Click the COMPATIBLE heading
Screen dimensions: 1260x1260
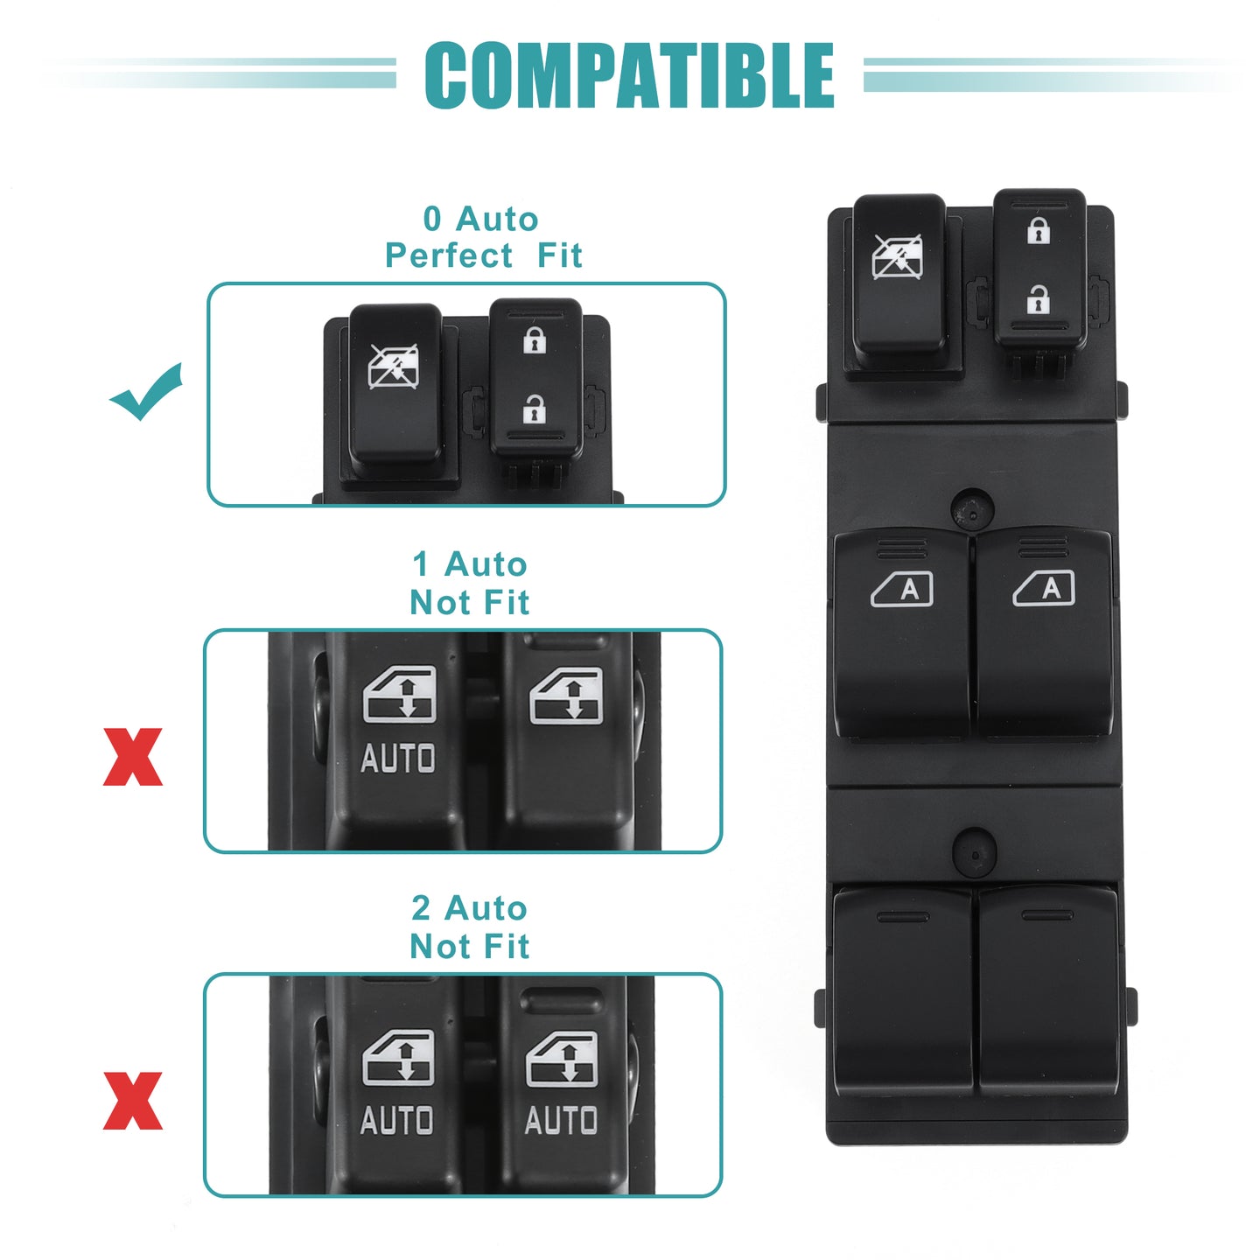(x=629, y=75)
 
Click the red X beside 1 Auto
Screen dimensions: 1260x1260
(x=133, y=757)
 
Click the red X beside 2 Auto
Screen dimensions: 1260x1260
(x=133, y=1101)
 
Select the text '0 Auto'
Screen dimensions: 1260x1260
(x=480, y=219)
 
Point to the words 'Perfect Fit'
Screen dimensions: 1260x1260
(x=483, y=255)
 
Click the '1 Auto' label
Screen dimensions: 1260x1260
(x=470, y=563)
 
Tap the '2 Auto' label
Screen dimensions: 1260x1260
(x=470, y=907)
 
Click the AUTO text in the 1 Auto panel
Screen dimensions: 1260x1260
(x=397, y=759)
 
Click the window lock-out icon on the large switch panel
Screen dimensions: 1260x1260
(x=897, y=257)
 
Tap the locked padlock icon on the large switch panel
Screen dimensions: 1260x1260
(x=1039, y=230)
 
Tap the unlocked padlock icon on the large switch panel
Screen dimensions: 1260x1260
(x=1038, y=299)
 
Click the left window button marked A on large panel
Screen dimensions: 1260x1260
(x=902, y=633)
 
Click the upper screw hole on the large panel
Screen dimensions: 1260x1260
(x=973, y=508)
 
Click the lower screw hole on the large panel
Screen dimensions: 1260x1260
(x=974, y=853)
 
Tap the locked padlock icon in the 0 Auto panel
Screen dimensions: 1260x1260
(x=535, y=340)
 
